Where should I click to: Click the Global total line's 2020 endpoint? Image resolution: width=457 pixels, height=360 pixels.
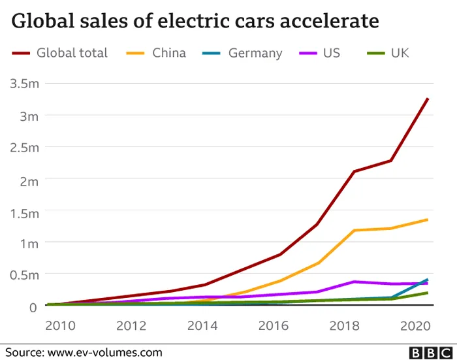pyautogui.click(x=428, y=99)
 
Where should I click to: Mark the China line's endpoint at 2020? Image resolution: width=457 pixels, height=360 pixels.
pyautogui.click(x=428, y=220)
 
